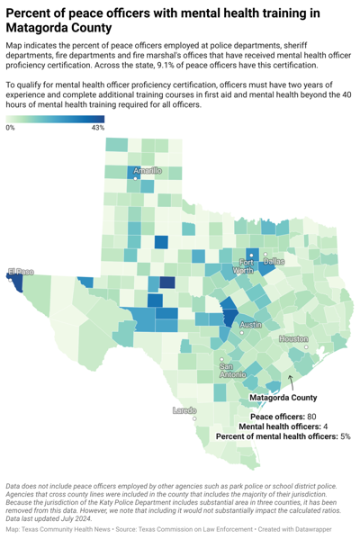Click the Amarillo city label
point(148,170)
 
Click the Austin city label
point(251,325)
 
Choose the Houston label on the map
point(293,339)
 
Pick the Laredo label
point(184,410)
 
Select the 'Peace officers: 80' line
point(283,417)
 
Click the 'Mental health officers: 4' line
point(283,427)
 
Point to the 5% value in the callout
point(345,436)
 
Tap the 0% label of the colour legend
point(10,129)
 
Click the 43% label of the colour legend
point(98,129)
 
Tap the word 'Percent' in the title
point(31,13)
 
